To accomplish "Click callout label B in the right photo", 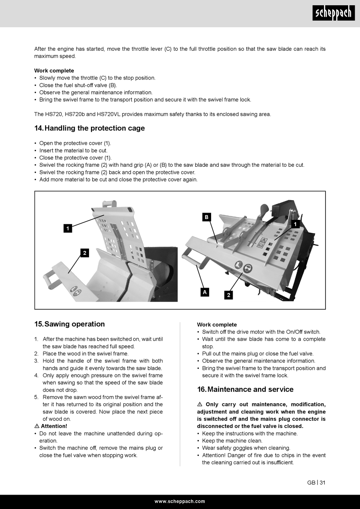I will click(206, 217).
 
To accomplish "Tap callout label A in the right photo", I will click(205, 292).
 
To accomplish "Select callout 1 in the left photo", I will click(67, 228).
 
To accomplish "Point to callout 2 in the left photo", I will click(85, 253).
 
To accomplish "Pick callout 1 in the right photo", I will click(295, 224).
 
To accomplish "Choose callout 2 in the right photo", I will click(228, 295).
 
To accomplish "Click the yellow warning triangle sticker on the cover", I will click(262, 240).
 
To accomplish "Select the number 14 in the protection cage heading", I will click(39, 128).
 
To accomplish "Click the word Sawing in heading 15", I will click(57, 324).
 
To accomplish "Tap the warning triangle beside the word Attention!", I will click(37, 426).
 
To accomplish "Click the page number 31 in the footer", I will click(322, 482).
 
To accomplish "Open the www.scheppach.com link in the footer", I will click(180, 501).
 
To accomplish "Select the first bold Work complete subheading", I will click(54, 70).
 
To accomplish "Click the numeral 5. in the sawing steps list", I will click(36, 397).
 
